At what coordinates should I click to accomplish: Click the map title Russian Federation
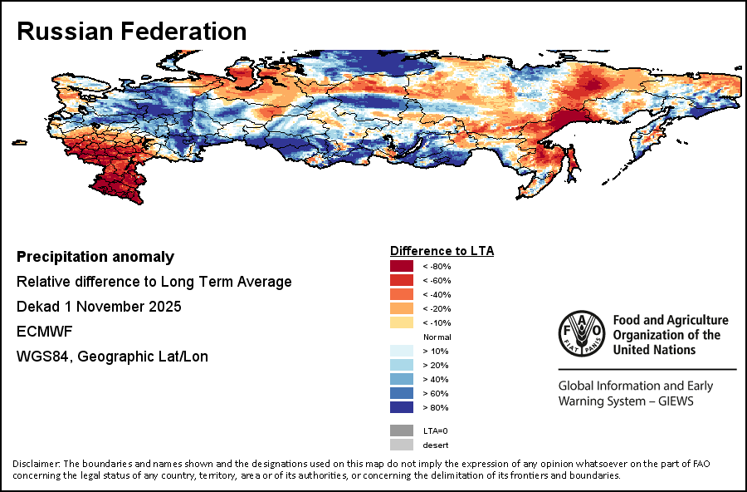(x=132, y=32)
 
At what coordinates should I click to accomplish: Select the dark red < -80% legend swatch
(x=402, y=266)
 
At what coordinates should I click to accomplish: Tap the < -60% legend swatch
(x=402, y=280)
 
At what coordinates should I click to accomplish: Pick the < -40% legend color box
(x=402, y=294)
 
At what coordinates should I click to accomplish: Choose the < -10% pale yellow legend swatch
(x=402, y=322)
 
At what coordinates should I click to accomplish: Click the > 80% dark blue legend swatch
(x=402, y=407)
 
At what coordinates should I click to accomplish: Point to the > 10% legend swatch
(x=402, y=351)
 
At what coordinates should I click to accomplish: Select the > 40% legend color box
(x=402, y=379)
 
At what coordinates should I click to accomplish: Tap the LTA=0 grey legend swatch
(x=402, y=430)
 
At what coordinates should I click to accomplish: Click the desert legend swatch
(x=402, y=445)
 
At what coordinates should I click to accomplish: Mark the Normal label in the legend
(x=437, y=337)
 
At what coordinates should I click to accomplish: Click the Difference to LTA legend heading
(x=442, y=250)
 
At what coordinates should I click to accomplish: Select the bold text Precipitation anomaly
(x=95, y=257)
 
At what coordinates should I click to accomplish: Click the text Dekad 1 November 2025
(x=99, y=307)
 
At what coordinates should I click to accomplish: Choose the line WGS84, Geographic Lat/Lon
(x=112, y=357)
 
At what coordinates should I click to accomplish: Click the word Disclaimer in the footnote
(x=37, y=463)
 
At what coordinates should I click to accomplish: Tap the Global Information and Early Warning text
(x=636, y=386)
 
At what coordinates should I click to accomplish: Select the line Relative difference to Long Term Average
(x=154, y=282)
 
